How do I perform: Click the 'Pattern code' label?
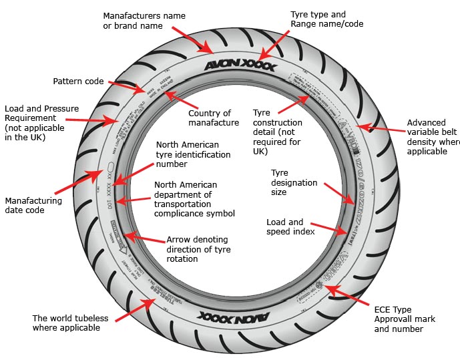(x=79, y=81)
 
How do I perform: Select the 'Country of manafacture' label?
(x=214, y=118)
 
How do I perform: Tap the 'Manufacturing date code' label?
(x=33, y=205)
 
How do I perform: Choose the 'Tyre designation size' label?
(x=288, y=182)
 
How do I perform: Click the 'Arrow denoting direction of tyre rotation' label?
(x=197, y=249)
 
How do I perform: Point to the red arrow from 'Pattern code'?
(x=126, y=87)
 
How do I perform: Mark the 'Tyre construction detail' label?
(x=277, y=132)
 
